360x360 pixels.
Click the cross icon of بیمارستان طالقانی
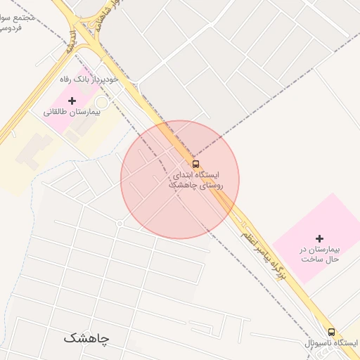[72, 101]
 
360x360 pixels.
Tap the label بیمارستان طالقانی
[72, 112]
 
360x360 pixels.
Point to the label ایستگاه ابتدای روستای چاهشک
[195, 179]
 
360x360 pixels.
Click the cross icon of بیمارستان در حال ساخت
[320, 239]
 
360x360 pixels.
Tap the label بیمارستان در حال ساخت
[320, 254]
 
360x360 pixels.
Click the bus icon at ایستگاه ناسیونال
[331, 332]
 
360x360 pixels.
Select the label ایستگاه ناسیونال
[331, 342]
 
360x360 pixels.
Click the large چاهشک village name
[86, 338]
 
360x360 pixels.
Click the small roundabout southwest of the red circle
[120, 223]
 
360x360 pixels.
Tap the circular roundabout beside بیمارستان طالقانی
[102, 103]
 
